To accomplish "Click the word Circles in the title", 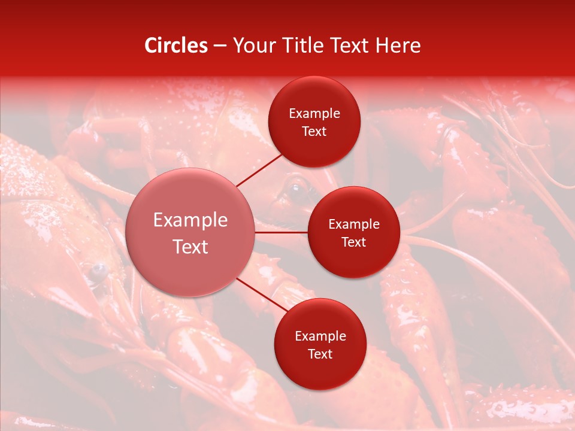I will coord(175,45).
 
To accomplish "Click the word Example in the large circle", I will coord(190,220).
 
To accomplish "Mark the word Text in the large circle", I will coord(190,247).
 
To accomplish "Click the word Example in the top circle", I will coord(314,114).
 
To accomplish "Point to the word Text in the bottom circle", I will coord(320,354).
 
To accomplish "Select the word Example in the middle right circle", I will coord(353,224).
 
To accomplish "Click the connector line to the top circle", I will coord(260,170).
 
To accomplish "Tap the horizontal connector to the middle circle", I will coord(282,232).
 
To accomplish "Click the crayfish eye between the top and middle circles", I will coord(295,190).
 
